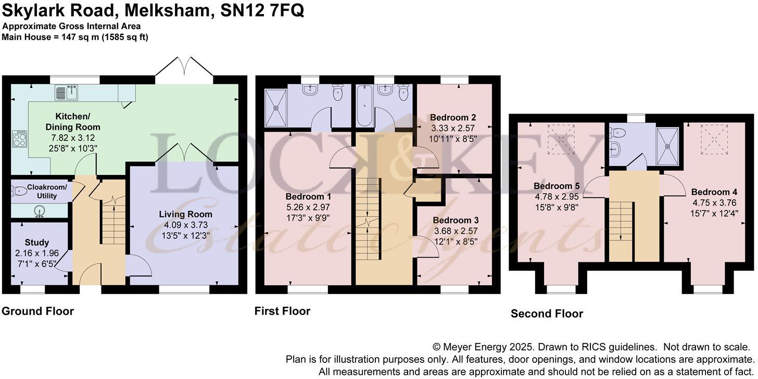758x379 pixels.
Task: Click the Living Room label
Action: (x=185, y=214)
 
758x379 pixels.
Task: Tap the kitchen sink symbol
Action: (x=66, y=93)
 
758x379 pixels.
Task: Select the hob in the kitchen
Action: (x=19, y=138)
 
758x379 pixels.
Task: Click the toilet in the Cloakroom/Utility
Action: (x=19, y=192)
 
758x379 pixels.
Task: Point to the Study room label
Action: (x=36, y=243)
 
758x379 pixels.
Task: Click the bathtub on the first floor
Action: (x=363, y=107)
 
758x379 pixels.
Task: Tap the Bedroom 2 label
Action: (x=453, y=118)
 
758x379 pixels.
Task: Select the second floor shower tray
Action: (x=668, y=146)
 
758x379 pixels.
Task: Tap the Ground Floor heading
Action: (x=37, y=311)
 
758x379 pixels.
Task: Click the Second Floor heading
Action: (x=547, y=313)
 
